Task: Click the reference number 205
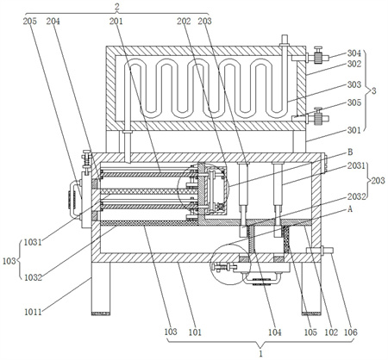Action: point(30,22)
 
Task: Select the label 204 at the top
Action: point(53,22)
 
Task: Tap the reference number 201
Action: point(116,22)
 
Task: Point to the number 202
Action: point(184,22)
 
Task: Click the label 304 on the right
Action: point(354,53)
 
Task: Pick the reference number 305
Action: point(354,102)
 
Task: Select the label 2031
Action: point(356,165)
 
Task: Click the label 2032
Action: point(356,196)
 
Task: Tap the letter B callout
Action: point(350,152)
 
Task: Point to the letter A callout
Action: point(350,209)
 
